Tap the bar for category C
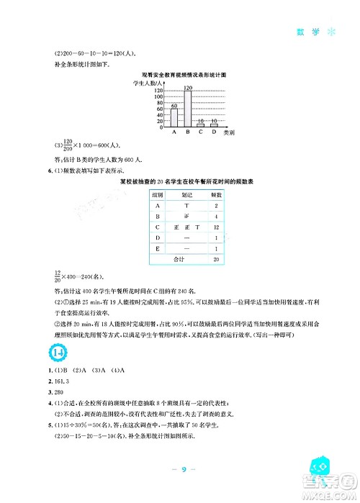tap(200, 125)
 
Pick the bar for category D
tap(212, 125)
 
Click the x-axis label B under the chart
tap(186, 132)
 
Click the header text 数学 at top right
tap(305, 33)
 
